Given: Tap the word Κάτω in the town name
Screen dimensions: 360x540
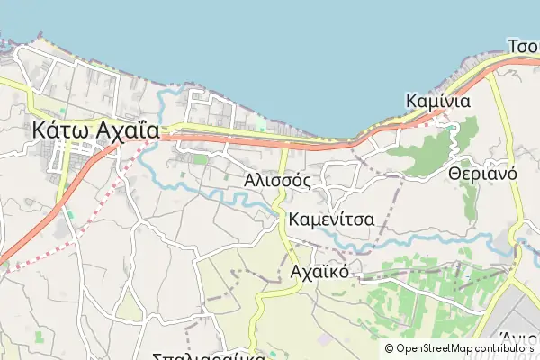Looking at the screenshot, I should coord(60,130).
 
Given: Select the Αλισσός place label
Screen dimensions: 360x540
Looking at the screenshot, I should coord(277,180).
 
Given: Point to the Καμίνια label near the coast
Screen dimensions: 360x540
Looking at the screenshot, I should coord(438,101).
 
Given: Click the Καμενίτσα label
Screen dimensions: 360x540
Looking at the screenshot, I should coord(332,220).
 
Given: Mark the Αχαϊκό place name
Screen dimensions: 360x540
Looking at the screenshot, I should coord(319,271).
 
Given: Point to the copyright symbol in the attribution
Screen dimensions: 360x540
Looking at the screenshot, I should coord(389,348).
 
